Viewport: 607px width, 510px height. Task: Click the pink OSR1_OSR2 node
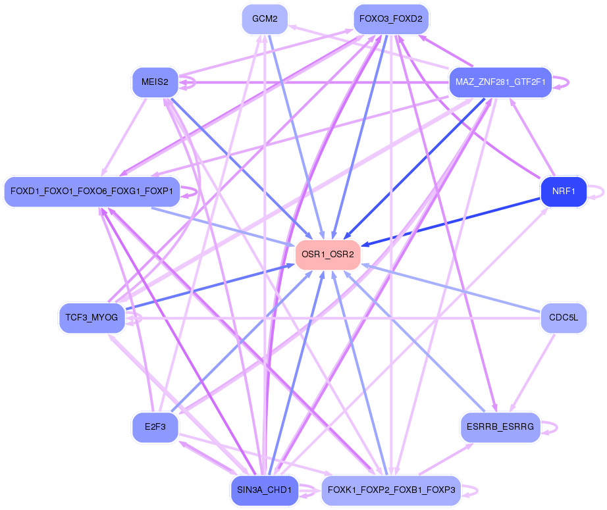[328, 254]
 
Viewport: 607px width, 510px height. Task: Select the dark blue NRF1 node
[563, 192]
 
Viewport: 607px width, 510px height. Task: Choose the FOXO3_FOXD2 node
[391, 19]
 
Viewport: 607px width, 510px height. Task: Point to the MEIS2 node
[155, 82]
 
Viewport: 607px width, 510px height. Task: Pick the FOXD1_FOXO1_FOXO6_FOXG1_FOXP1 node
[92, 191]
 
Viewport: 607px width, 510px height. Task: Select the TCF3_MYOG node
[92, 318]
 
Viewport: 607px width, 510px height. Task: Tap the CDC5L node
[563, 318]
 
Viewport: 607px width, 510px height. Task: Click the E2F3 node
[155, 427]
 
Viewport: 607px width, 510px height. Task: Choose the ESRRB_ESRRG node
[500, 427]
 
